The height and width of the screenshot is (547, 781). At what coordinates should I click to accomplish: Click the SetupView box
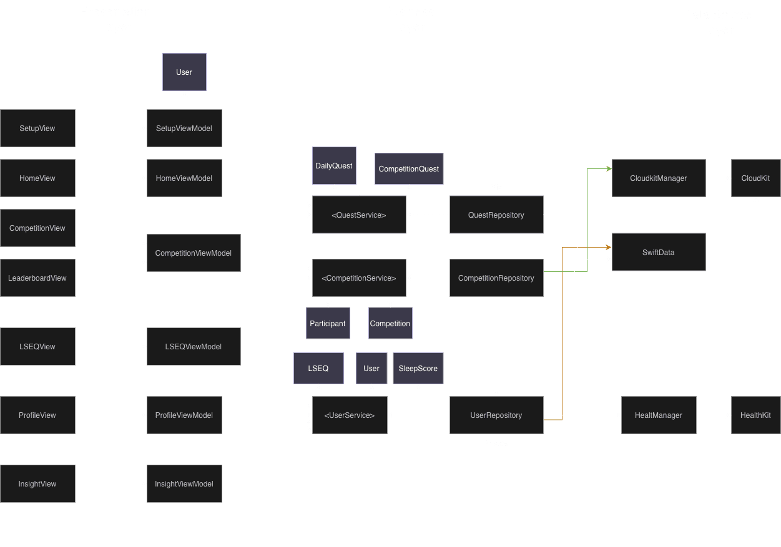pyautogui.click(x=37, y=128)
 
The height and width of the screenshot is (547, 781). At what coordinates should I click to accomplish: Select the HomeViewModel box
pyautogui.click(x=184, y=178)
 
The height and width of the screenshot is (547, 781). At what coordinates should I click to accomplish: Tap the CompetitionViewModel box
pyautogui.click(x=194, y=253)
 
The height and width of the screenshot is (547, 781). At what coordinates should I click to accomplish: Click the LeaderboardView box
pyautogui.click(x=37, y=278)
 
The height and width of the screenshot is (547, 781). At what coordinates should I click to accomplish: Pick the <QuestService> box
pyautogui.click(x=359, y=215)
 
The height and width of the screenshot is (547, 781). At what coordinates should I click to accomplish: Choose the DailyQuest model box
pyautogui.click(x=334, y=166)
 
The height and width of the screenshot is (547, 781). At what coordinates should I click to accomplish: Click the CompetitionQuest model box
pyautogui.click(x=409, y=169)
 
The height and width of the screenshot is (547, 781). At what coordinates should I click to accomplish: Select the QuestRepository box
pyautogui.click(x=496, y=215)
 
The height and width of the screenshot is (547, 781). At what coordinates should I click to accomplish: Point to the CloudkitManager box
pyautogui.click(x=659, y=178)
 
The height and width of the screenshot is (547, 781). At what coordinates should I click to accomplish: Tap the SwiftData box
pyautogui.click(x=659, y=253)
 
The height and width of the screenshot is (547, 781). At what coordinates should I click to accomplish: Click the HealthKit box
pyautogui.click(x=755, y=415)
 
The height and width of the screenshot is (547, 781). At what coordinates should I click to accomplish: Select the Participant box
pyautogui.click(x=328, y=324)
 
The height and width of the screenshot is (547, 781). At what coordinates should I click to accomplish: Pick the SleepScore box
pyautogui.click(x=418, y=369)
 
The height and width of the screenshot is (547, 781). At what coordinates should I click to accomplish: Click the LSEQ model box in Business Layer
pyautogui.click(x=318, y=369)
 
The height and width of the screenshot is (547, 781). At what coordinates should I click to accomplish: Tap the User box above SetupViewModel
pyautogui.click(x=184, y=72)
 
